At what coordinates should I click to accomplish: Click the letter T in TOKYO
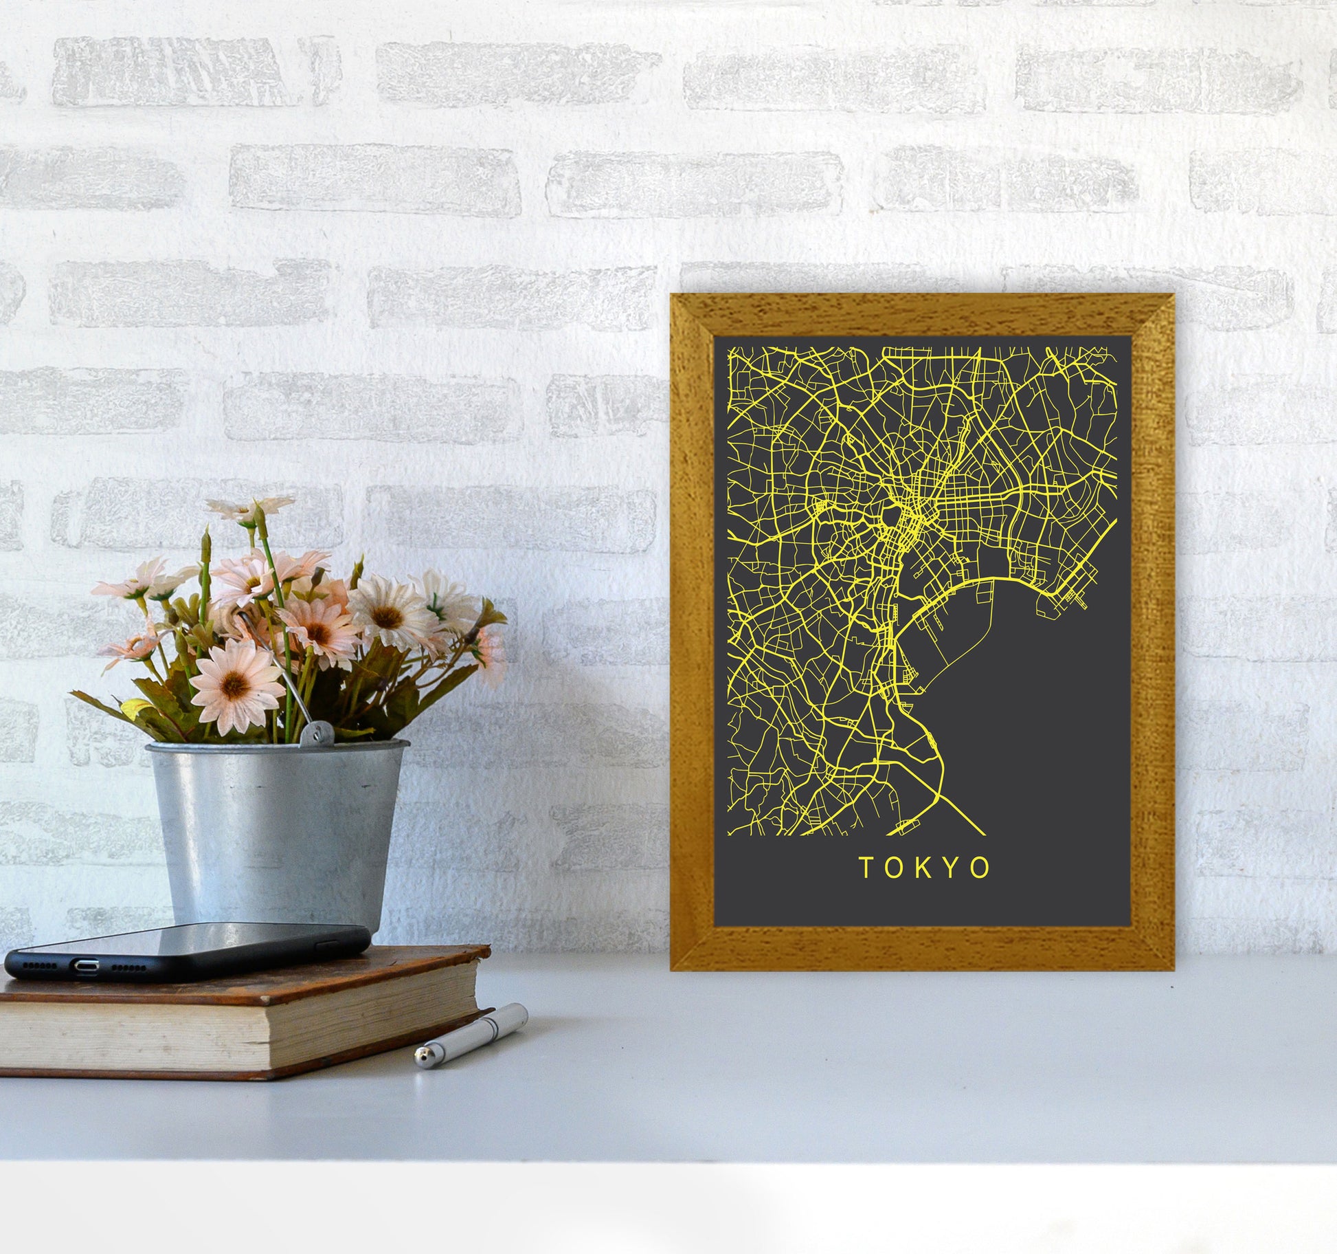[866, 868]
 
